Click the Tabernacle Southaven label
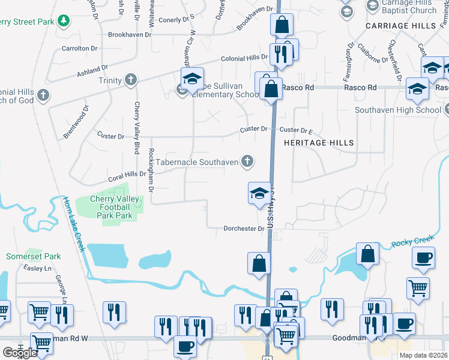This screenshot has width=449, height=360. (x=197, y=162)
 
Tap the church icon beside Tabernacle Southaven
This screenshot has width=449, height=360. (x=247, y=161)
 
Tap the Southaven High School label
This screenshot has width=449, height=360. (x=398, y=110)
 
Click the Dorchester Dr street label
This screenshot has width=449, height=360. (x=244, y=229)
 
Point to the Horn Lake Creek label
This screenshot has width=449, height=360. (x=72, y=225)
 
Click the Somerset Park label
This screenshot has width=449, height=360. (x=34, y=256)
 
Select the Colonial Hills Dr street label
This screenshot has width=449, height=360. (x=244, y=58)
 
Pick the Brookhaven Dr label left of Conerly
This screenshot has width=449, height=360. (x=128, y=35)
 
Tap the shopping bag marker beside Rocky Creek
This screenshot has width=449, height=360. (x=367, y=254)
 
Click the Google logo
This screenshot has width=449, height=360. (x=20, y=353)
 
